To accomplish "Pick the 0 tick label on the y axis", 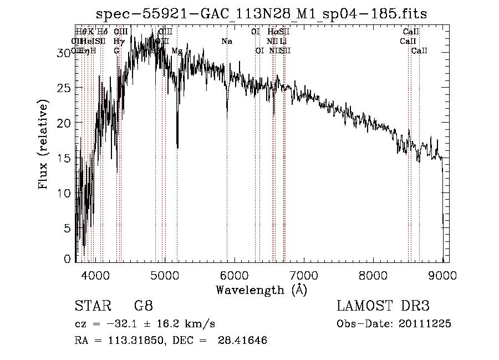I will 68,259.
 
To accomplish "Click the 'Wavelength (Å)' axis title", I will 261,290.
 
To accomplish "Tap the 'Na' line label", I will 227,41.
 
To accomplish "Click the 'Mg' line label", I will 177,50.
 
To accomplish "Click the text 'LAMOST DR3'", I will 383,306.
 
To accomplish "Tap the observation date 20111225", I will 424,324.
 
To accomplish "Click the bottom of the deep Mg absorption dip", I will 177,148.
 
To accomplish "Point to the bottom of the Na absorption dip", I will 227,118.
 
